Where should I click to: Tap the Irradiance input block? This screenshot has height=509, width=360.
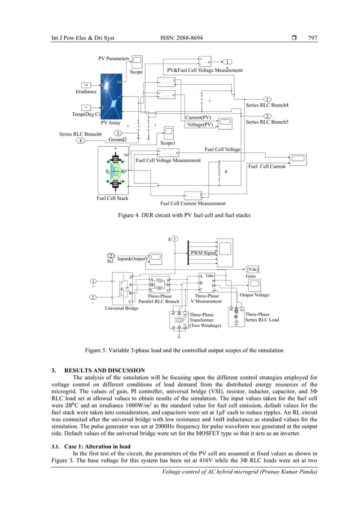coord(86,84)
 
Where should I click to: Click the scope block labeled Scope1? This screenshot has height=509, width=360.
coord(168,134)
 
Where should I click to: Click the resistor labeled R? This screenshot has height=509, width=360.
coord(219,174)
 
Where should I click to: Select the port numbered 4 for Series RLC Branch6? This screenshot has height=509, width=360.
coord(82,141)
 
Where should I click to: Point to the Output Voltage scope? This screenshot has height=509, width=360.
coord(253,286)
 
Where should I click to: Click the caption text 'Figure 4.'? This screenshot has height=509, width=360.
coord(129,215)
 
